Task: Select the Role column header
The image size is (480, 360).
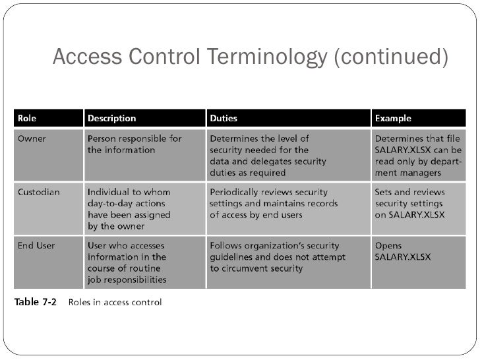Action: point(27,119)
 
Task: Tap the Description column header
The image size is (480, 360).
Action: point(112,119)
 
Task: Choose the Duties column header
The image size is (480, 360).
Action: point(224,119)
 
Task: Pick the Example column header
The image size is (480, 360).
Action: point(393,119)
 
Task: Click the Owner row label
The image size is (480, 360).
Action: point(30,139)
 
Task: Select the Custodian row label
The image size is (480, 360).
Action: point(38,193)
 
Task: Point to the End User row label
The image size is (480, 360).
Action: point(36,246)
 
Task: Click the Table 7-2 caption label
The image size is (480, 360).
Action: point(36,303)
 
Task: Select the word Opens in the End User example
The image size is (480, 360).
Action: point(388,246)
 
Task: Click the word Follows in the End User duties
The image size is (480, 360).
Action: point(227,246)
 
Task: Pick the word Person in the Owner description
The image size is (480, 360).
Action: point(102,139)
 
